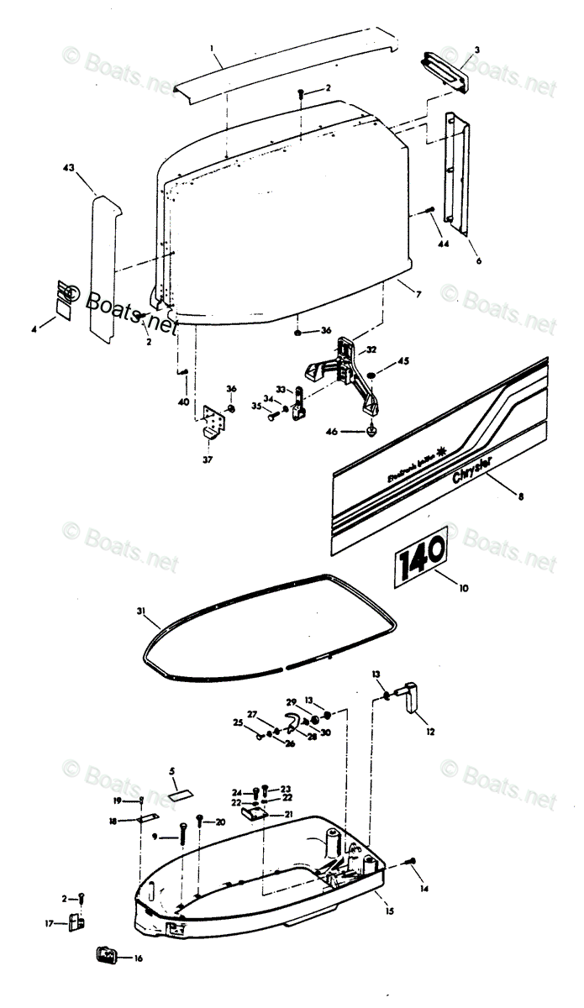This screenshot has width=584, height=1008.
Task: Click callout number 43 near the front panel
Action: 69,169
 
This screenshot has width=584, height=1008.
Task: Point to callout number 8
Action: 520,497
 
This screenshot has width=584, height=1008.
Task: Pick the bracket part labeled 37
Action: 215,419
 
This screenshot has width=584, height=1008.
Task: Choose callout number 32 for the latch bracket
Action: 370,349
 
